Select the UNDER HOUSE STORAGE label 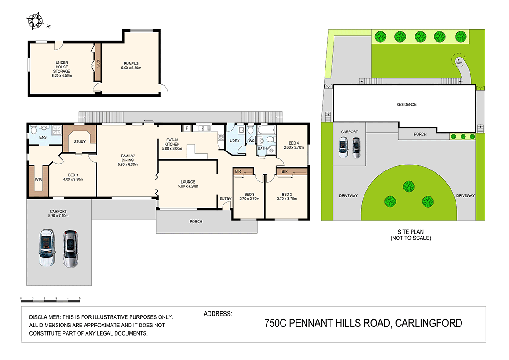63,67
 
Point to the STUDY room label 80,142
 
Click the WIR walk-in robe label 38,180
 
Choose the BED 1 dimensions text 73,179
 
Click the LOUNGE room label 187,182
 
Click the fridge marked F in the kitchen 186,128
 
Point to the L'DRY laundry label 235,141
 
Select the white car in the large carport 47,248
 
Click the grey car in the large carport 70,249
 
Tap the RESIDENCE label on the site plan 406,105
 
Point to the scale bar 50,299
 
